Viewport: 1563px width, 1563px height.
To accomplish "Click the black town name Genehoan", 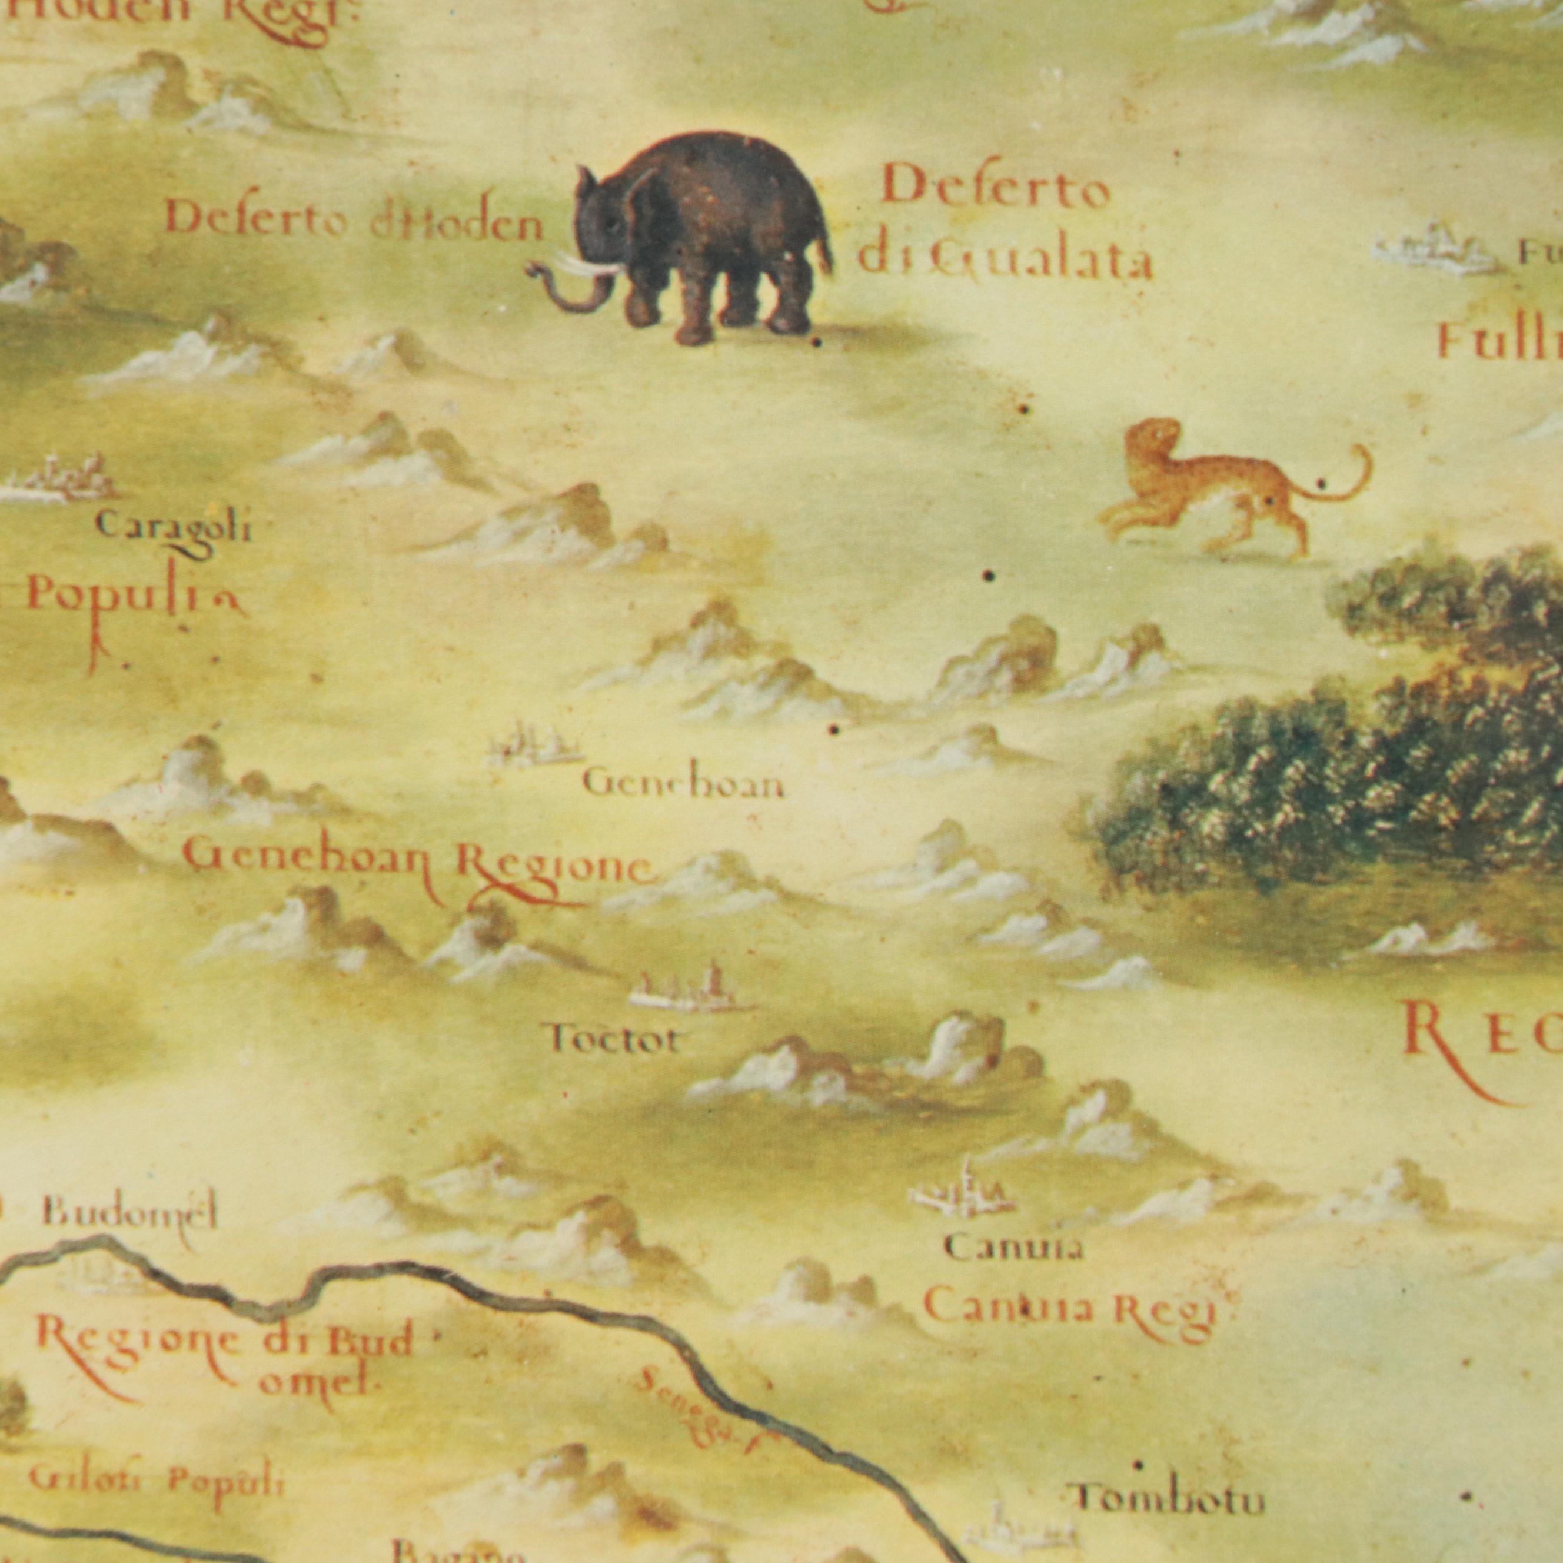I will (x=682, y=784).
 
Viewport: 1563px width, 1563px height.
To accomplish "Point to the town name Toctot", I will (x=613, y=1040).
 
